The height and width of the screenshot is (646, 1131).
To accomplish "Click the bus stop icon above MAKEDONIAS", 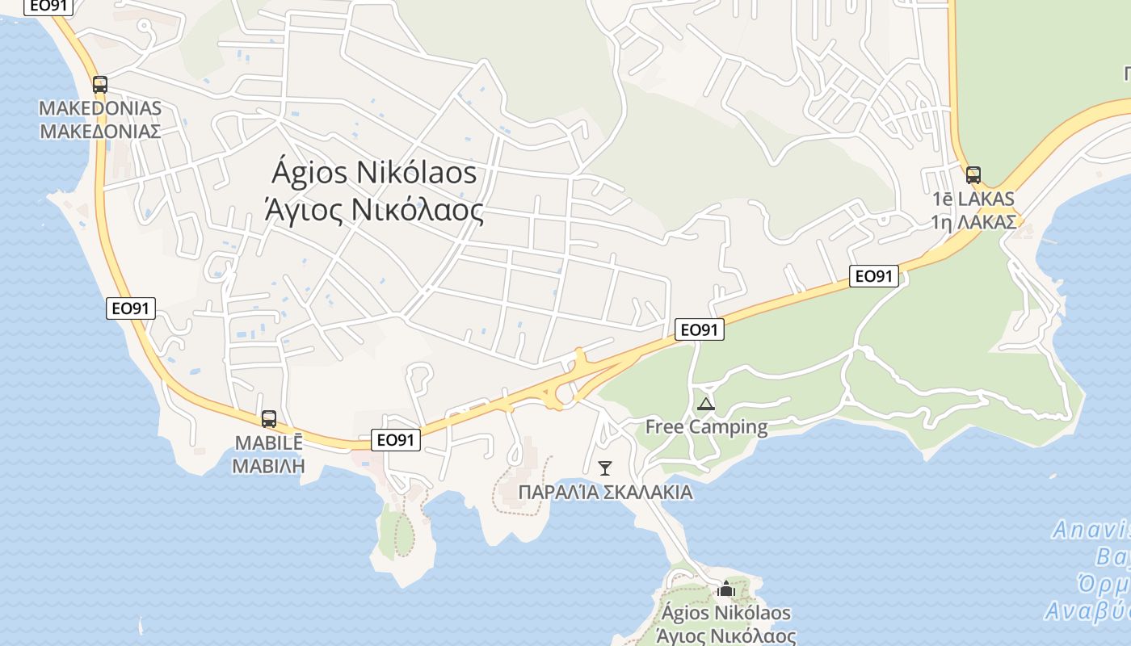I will tap(99, 84).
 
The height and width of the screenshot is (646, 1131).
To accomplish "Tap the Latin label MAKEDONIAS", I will tap(100, 108).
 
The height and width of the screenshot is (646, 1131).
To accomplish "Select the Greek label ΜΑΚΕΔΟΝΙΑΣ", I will tap(100, 131).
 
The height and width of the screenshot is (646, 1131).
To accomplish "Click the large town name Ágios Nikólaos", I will tap(374, 173).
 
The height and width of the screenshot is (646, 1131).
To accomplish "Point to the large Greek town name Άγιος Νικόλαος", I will tap(374, 210).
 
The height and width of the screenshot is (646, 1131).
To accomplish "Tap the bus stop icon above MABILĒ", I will tap(269, 419).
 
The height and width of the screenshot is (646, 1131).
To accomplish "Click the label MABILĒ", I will tap(268, 443).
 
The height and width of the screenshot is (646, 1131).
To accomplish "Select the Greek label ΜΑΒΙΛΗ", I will tap(268, 465).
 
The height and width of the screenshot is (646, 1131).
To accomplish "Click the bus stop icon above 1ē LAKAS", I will tap(973, 174).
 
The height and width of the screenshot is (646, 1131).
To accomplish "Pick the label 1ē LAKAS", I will tap(973, 199).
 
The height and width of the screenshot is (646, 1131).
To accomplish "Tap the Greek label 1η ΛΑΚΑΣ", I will tap(973, 221).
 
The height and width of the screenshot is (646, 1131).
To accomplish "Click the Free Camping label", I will tap(706, 426).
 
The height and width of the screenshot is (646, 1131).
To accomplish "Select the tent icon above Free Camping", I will tap(705, 404).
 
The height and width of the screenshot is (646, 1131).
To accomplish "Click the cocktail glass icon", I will tap(604, 468).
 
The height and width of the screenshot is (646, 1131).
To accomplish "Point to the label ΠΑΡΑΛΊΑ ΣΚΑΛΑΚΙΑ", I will tap(605, 492).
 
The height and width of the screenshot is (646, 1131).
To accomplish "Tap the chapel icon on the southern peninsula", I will tap(725, 589).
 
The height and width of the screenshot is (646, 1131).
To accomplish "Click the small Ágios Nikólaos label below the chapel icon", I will tap(725, 614).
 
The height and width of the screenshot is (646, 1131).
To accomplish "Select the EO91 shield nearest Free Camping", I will tap(700, 329).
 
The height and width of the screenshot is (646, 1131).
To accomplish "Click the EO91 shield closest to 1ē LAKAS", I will tap(874, 276).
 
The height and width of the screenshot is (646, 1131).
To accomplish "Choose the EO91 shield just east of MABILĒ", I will tap(396, 440).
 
